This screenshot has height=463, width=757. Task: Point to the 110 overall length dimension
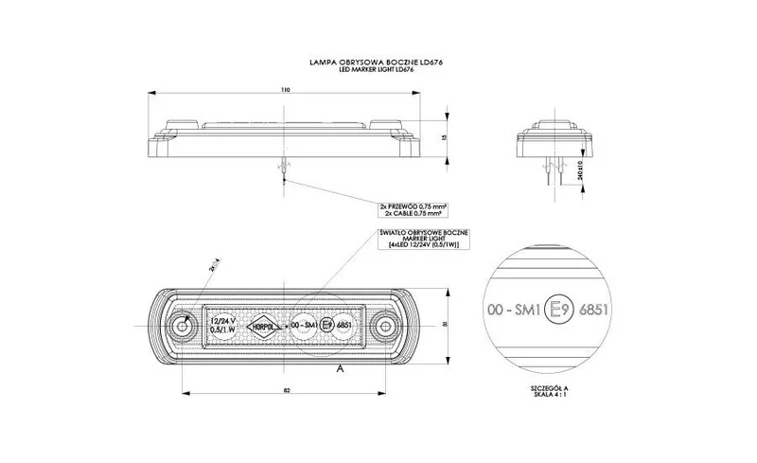tap(284, 90)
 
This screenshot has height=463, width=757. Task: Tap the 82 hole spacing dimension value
tap(284, 388)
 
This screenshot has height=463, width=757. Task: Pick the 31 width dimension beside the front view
tap(445, 328)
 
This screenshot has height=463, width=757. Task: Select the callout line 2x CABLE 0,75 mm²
tap(413, 213)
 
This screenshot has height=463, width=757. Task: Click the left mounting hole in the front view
tap(182, 328)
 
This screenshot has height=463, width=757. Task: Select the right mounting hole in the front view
tap(384, 328)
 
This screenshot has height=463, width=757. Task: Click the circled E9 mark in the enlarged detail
tap(560, 308)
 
